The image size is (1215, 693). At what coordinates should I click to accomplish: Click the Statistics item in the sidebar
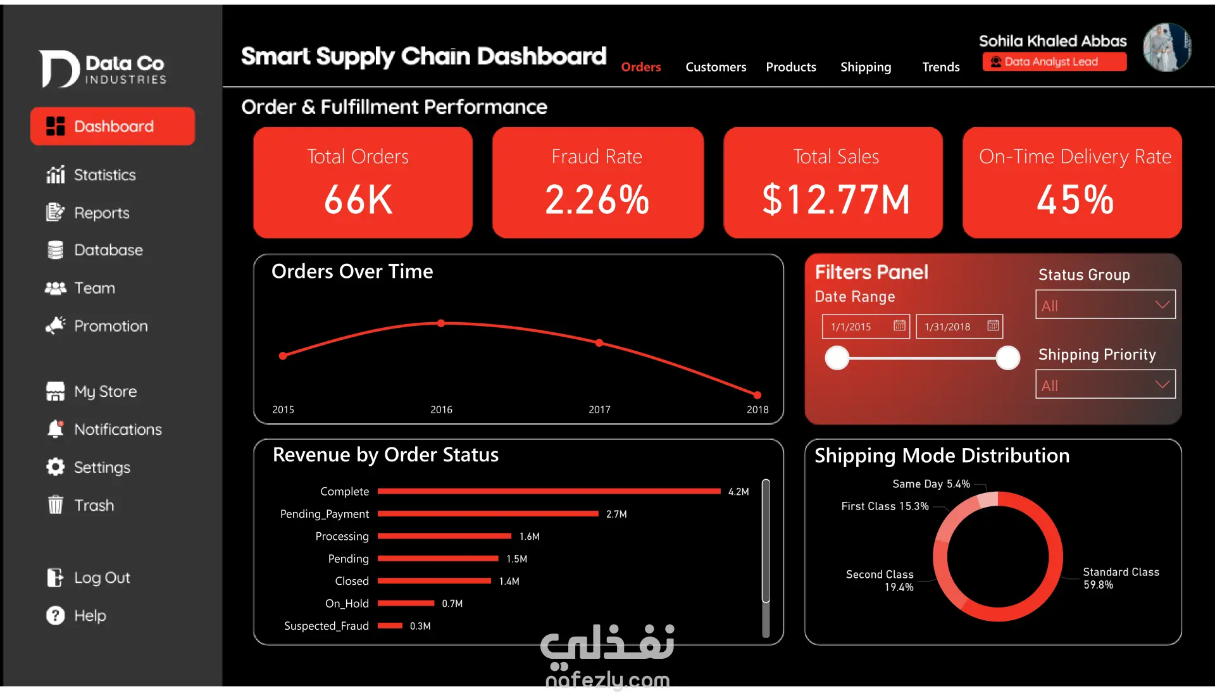tap(104, 175)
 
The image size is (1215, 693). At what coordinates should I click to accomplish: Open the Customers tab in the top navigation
tap(716, 67)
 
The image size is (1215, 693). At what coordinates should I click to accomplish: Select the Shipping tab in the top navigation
tap(865, 67)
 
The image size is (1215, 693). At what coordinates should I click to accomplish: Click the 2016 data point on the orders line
tap(441, 323)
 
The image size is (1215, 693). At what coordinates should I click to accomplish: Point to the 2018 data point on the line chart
tap(757, 395)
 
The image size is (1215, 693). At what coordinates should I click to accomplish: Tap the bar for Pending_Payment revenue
tap(487, 514)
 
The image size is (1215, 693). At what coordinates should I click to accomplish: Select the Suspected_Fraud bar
tap(390, 626)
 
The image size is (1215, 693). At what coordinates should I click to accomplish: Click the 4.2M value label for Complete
tap(738, 492)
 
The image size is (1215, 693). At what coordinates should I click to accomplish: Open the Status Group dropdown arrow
tap(1162, 305)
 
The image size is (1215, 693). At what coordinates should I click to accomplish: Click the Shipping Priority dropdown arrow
tap(1162, 385)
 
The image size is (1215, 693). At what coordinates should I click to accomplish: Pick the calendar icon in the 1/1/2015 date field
tap(899, 326)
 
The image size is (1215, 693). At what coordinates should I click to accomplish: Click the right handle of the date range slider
tap(1007, 358)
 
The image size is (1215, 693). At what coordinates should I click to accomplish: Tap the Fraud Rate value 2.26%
tap(597, 200)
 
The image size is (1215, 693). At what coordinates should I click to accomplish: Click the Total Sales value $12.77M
tap(835, 200)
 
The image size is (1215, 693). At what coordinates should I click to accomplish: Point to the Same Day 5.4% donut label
tap(931, 484)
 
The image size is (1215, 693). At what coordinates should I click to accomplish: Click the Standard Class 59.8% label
tap(1120, 578)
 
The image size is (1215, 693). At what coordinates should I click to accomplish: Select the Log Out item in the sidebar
tap(101, 578)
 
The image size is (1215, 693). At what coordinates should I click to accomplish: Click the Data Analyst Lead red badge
tap(1054, 62)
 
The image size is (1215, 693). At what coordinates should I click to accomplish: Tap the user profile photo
tap(1167, 47)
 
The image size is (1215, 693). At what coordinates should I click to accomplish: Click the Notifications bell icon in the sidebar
tap(56, 429)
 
